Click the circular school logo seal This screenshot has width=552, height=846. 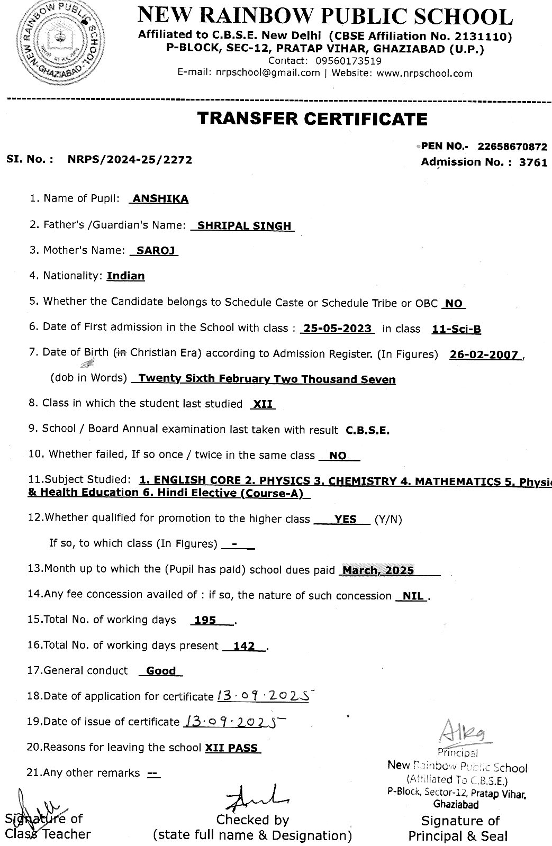[x=53, y=44]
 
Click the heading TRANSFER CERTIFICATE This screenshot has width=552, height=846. [x=312, y=119]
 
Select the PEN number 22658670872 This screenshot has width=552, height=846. [x=512, y=147]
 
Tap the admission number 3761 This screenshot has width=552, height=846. [x=533, y=162]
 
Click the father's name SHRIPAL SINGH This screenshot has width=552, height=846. [x=244, y=226]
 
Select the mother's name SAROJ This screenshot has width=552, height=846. [x=156, y=251]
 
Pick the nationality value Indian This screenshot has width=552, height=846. [x=125, y=276]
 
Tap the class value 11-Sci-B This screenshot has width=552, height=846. [x=456, y=329]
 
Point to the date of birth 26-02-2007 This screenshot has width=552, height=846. [x=483, y=355]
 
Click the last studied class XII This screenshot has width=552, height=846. [x=263, y=404]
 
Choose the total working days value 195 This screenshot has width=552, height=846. [x=205, y=621]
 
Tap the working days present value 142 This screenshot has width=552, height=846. [x=244, y=646]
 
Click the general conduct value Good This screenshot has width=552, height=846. [x=161, y=671]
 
